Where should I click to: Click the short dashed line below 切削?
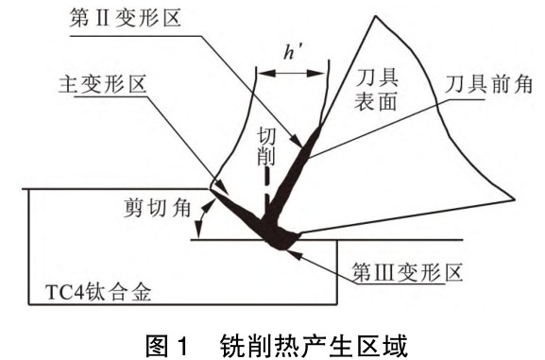tap(267, 178)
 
